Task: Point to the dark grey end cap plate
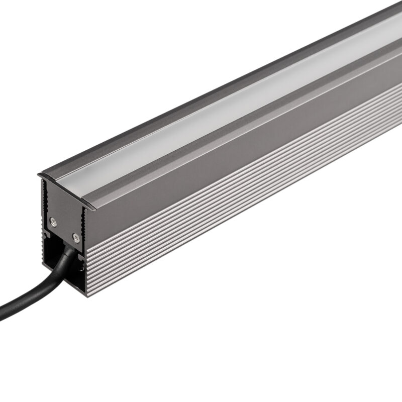[x=63, y=211]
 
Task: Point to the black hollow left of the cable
[x=49, y=251]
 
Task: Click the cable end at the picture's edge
[x=3, y=314]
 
